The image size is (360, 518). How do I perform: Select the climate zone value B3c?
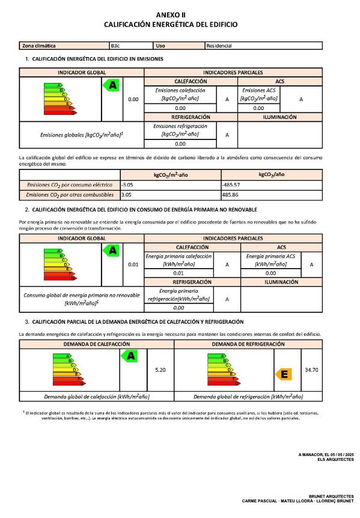116,46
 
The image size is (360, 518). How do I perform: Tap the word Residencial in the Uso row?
219,46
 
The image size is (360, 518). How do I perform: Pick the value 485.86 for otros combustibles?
231,195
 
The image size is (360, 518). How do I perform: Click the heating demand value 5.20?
160,370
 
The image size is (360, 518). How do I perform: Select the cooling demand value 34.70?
311,370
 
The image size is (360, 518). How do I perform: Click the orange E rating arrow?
284,374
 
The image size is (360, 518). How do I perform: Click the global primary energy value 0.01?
133,264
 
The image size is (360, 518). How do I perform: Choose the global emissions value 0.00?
133,99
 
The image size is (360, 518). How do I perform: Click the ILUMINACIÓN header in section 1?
280,117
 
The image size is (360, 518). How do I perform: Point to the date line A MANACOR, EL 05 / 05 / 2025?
326,455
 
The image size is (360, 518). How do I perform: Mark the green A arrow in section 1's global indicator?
112,86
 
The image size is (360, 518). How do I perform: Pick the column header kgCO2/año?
271,175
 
